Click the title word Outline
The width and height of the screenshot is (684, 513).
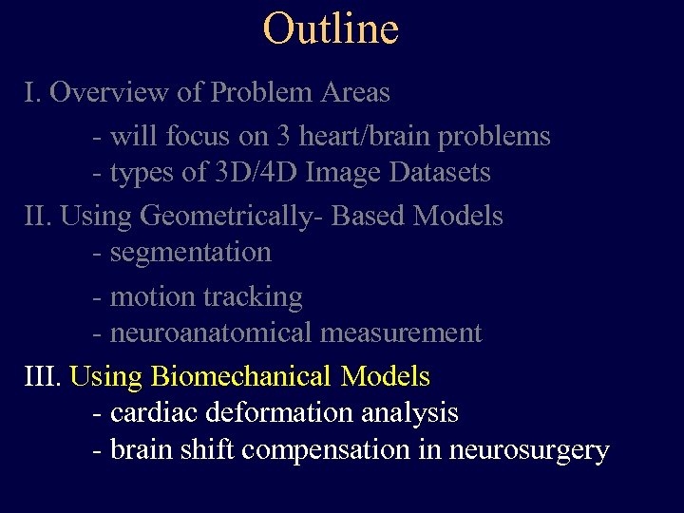click(x=331, y=28)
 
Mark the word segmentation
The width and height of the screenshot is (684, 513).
click(x=191, y=253)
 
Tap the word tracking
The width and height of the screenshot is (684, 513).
click(x=254, y=297)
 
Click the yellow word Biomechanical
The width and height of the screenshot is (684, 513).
click(x=242, y=377)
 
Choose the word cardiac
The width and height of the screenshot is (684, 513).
click(x=150, y=413)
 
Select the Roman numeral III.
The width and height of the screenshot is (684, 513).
click(x=41, y=377)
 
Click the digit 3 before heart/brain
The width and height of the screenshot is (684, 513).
click(x=284, y=137)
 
